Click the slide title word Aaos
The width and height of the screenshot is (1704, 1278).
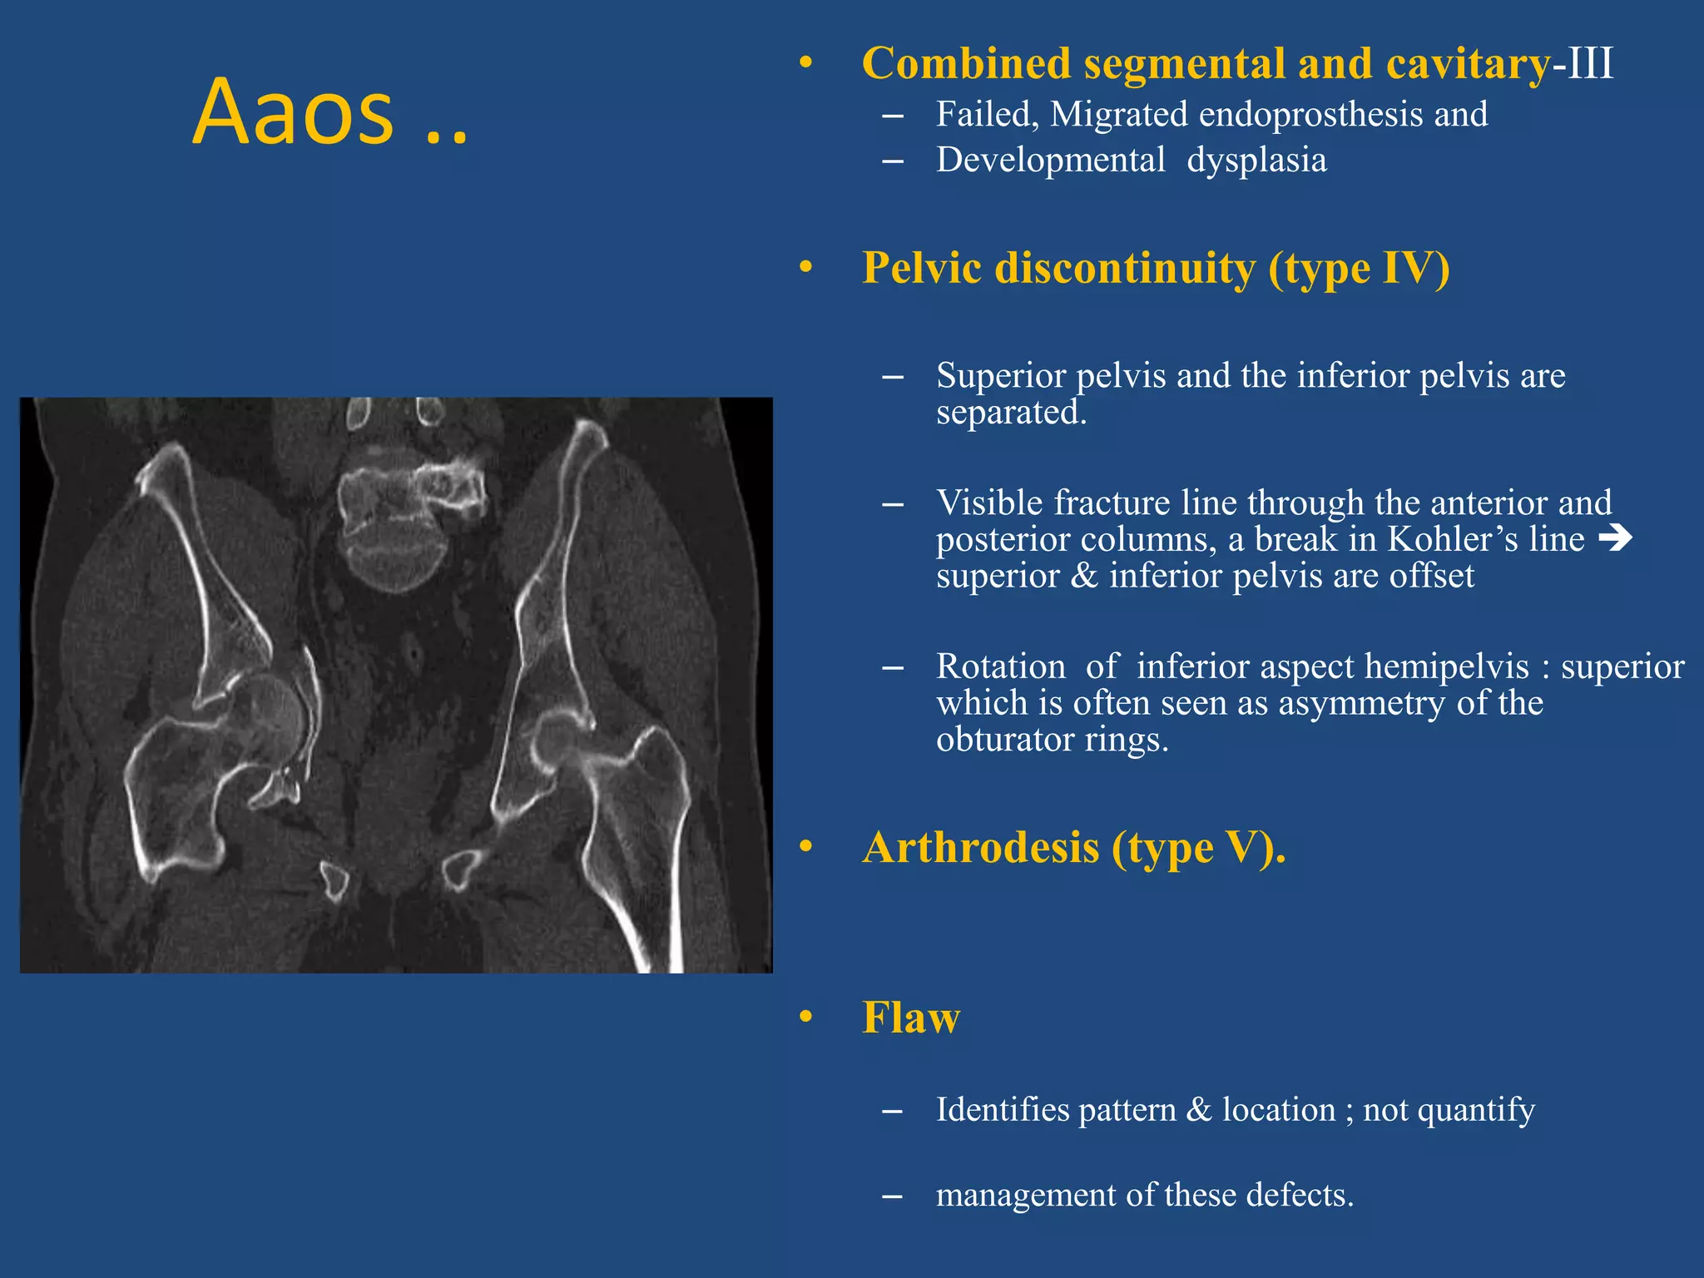[x=293, y=112]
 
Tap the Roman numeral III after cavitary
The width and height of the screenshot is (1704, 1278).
[x=1590, y=64]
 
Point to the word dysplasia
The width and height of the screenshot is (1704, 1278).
[x=1256, y=161]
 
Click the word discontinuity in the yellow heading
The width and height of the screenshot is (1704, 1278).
[x=1124, y=269]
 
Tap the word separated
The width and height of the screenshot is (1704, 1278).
[x=1011, y=413]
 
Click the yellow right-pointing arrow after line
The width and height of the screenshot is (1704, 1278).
[x=1615, y=538]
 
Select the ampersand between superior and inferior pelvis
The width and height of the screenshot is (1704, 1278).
[x=1083, y=576]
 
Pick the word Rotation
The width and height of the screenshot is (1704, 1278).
[x=1000, y=666]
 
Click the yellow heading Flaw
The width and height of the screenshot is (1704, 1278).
[x=911, y=1018]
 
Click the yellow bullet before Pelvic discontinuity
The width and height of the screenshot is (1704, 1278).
[x=805, y=267]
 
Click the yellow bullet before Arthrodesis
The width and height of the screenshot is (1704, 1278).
[x=805, y=847]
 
